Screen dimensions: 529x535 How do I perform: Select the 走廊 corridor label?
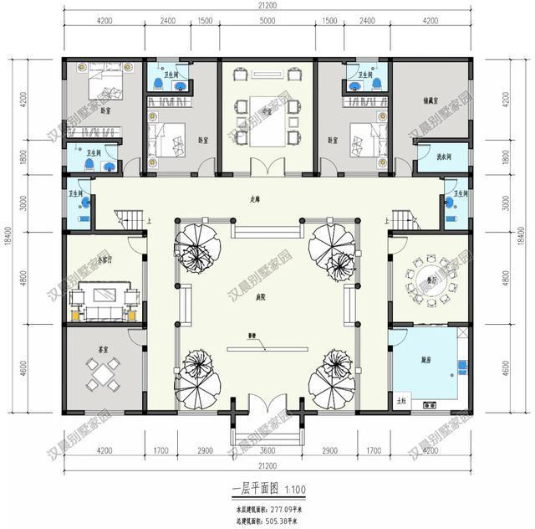[x=252, y=199]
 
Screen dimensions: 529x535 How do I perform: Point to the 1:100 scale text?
[x=295, y=489]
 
